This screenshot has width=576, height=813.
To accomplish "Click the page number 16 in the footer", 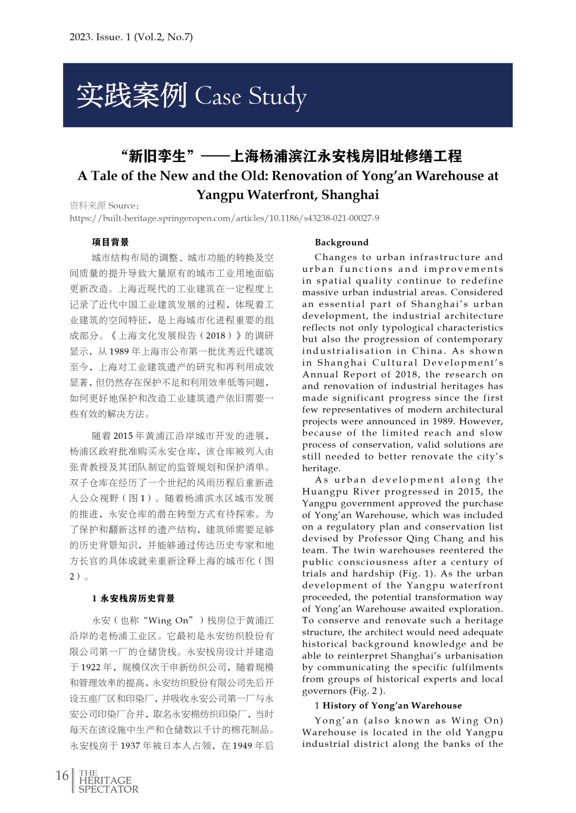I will [62, 775].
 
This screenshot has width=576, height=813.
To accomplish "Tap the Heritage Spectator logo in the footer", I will [108, 781].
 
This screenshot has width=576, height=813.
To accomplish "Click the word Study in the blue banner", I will [277, 96].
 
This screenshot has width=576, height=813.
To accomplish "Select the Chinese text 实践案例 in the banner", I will [132, 95].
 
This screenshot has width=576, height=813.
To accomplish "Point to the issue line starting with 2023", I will [131, 37].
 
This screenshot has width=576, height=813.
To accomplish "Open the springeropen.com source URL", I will [224, 218].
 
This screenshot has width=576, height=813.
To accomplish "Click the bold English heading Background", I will [341, 243].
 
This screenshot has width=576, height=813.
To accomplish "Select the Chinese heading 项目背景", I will [110, 242].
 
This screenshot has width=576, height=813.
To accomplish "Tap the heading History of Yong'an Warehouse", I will [392, 706].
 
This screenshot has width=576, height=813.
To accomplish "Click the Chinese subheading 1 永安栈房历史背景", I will [133, 598].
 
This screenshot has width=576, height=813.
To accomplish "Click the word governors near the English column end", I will [324, 691].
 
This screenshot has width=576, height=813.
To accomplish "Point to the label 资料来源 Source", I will [105, 205].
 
